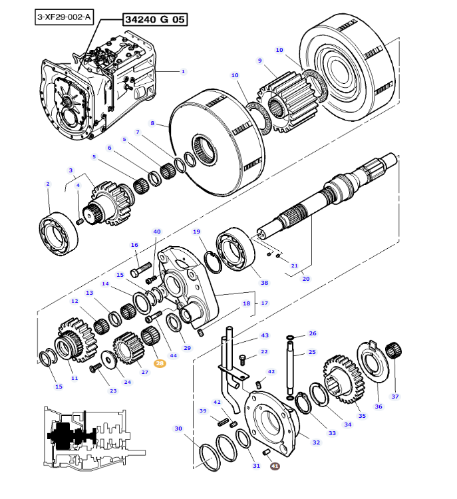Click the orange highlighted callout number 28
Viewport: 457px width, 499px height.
pos(160,364)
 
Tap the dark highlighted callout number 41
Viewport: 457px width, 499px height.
pos(275,467)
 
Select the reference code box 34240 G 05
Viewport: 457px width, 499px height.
pos(154,20)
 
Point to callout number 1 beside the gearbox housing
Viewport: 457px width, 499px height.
pos(183,71)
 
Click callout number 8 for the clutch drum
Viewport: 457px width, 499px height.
pos(152,123)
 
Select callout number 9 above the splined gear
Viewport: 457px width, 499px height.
pos(259,61)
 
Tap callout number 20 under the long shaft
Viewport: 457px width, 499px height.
pos(306,279)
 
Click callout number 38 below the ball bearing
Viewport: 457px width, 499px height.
pos(264,283)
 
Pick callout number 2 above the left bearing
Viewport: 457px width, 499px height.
pos(47,184)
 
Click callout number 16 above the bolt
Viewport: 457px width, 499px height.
pos(134,245)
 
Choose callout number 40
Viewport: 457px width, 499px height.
pos(157,232)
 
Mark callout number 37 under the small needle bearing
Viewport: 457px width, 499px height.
pos(394,397)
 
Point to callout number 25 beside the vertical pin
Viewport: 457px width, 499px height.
pos(312,352)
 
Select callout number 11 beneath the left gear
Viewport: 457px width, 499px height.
pos(75,379)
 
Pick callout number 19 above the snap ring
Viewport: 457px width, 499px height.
pos(197,232)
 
